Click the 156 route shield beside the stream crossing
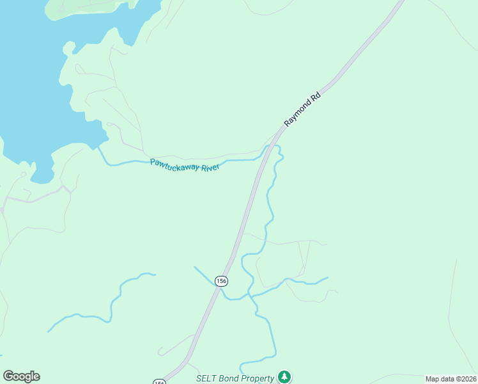click(221, 281)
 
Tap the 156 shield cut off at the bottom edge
click(159, 382)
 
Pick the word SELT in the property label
click(207, 378)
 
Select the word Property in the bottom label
click(259, 378)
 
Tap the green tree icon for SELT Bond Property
click(285, 377)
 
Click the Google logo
click(21, 376)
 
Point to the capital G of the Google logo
click(8, 376)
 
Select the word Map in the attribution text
click(433, 379)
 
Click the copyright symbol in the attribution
click(458, 379)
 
